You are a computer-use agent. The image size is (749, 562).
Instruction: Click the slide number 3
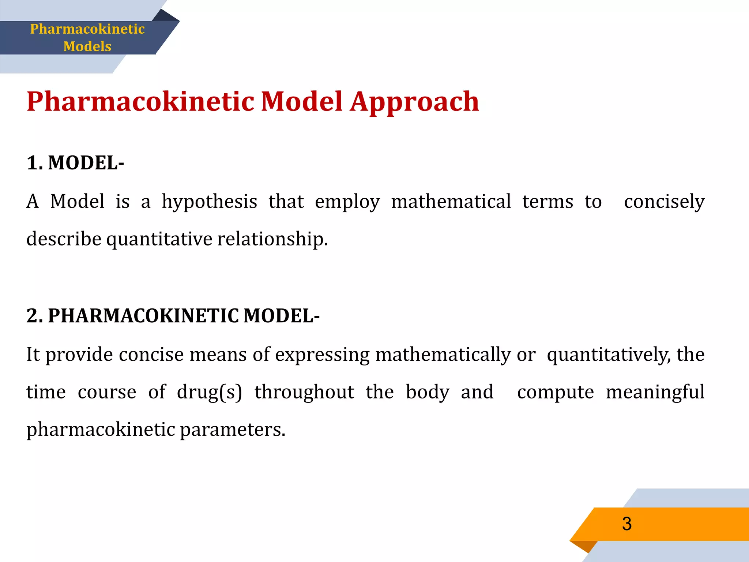(627, 524)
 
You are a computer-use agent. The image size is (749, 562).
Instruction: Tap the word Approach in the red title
(414, 102)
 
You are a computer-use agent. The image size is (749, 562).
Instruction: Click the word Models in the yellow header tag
(87, 46)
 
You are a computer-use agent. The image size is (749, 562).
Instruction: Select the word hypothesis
(210, 202)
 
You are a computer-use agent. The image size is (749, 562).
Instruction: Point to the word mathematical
(451, 201)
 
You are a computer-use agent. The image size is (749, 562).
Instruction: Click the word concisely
(664, 202)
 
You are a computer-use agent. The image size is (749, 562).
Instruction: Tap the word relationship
(272, 239)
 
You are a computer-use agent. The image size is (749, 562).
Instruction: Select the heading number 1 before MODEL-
(34, 163)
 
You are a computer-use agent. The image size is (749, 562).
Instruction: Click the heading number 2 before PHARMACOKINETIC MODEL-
(34, 315)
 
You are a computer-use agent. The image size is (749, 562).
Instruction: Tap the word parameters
(232, 430)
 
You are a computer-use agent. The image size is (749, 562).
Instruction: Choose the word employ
(347, 202)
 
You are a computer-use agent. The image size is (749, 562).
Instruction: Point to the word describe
(64, 239)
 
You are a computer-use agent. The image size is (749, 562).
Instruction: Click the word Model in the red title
(302, 102)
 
